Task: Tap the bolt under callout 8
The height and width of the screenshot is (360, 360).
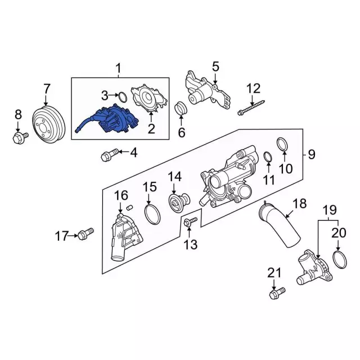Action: point(20,138)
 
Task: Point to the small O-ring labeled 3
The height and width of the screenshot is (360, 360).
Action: point(123,97)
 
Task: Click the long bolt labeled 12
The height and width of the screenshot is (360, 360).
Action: point(251,107)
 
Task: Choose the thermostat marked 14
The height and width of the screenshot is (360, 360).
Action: point(179,200)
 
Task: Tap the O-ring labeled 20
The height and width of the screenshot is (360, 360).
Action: point(340,260)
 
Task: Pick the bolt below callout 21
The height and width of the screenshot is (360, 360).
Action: point(277,293)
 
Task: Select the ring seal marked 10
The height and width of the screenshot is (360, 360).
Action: point(282,145)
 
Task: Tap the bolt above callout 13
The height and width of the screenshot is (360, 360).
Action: point(191,222)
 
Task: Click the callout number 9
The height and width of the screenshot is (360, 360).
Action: point(311,154)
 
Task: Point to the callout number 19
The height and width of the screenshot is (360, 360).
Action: point(330,210)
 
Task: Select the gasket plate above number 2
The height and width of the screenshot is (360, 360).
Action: point(148,98)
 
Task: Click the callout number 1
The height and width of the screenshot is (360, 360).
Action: point(118,68)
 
